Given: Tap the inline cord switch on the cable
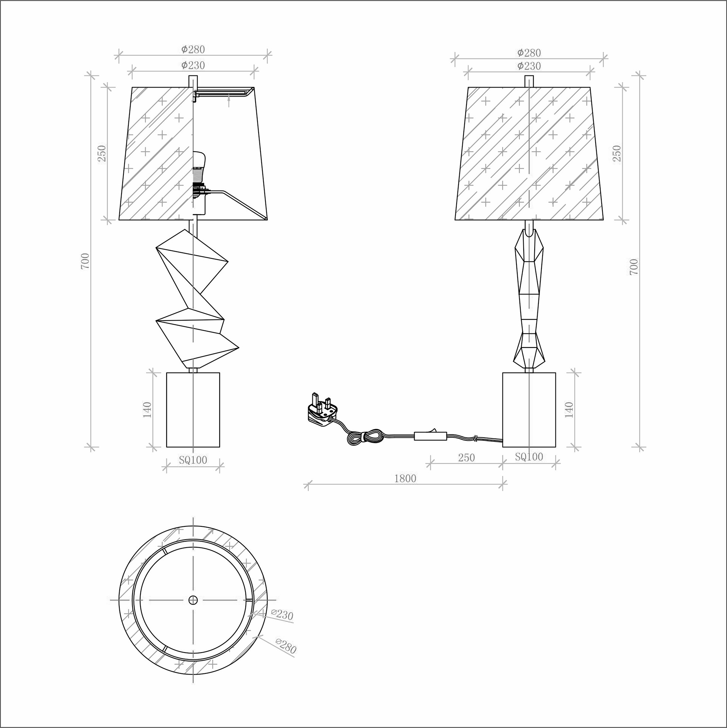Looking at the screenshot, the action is click(x=430, y=436).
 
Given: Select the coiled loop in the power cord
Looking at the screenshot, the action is click(x=364, y=436).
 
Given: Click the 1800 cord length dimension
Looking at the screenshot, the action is click(x=405, y=479).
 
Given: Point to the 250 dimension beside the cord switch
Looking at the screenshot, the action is click(x=466, y=458).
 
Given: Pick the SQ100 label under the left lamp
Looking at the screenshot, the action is click(x=193, y=460).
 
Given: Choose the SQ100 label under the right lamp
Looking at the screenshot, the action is click(x=529, y=457).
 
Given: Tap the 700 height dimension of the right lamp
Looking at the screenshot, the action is click(x=634, y=267).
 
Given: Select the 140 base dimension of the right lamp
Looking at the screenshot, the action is click(x=569, y=410).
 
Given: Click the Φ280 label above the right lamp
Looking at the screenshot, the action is click(x=529, y=53).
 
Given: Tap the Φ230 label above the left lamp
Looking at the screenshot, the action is click(x=193, y=66).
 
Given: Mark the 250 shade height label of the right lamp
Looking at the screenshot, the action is click(x=617, y=153).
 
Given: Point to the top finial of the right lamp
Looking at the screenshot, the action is click(x=529, y=81).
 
